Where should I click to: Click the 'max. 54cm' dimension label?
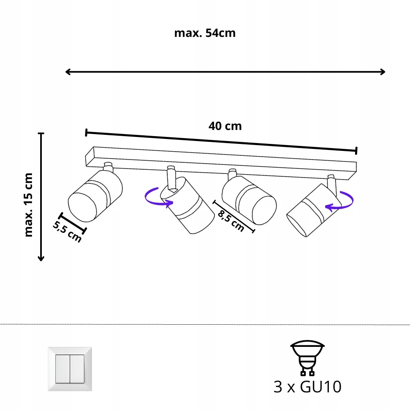click(205, 33)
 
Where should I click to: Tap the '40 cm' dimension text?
click(225, 126)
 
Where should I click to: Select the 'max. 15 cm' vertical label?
click(28, 205)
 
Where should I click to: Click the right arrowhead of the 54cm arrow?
click(383, 72)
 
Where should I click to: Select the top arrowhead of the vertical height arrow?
click(41, 135)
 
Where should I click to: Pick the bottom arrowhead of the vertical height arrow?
click(41, 258)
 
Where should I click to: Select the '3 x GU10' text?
click(307, 387)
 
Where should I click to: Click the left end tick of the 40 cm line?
click(86, 132)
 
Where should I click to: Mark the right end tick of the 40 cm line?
click(356, 150)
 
